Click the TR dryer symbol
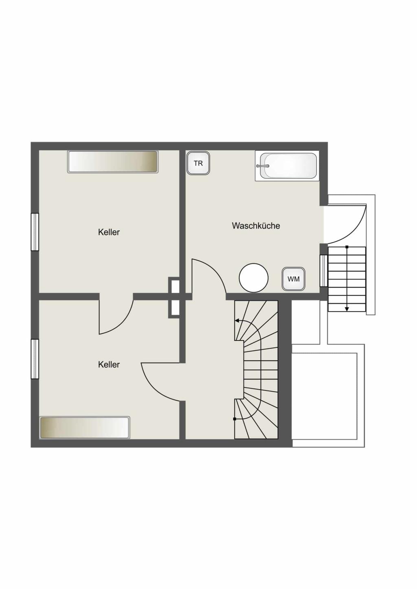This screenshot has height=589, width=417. pyautogui.click(x=198, y=163)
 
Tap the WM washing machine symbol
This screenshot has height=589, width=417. pyautogui.click(x=294, y=279)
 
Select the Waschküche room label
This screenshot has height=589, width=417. pyautogui.click(x=256, y=226)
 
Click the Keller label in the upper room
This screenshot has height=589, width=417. pyautogui.click(x=109, y=232)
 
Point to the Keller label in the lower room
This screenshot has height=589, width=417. pyautogui.click(x=109, y=364)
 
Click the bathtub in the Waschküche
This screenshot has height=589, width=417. pyautogui.click(x=287, y=166)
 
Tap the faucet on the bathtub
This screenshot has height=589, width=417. pyautogui.click(x=263, y=166)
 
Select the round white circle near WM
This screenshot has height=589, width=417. pyautogui.click(x=254, y=277)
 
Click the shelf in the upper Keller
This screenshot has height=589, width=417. pyautogui.click(x=113, y=162)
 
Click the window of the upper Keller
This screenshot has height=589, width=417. pyautogui.click(x=35, y=232)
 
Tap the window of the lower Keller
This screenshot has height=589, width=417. pyautogui.click(x=35, y=359)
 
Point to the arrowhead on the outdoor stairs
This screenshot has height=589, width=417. pyautogui.click(x=347, y=309)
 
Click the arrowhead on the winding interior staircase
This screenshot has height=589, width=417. pyautogui.click(x=237, y=321)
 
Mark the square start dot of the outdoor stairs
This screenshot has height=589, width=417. pyautogui.click(x=347, y=247)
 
